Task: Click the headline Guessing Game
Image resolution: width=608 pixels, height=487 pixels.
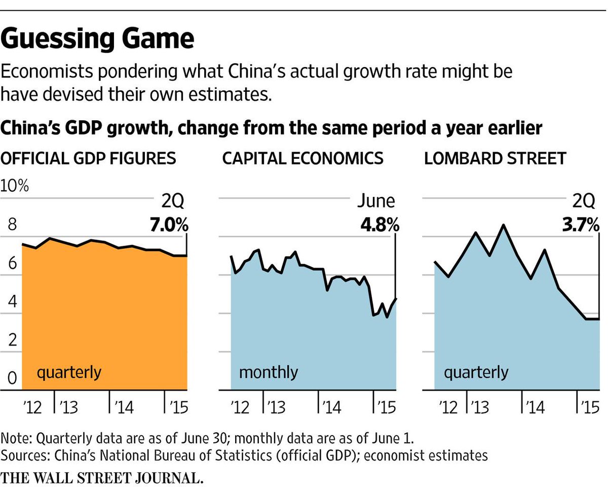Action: coord(97,40)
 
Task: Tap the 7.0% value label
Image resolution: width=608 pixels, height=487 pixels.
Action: coord(168,224)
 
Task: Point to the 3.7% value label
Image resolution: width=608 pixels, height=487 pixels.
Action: coord(580,224)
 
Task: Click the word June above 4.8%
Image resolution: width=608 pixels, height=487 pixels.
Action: coord(375,201)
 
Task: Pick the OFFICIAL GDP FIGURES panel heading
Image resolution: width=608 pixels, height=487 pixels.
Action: coord(88,158)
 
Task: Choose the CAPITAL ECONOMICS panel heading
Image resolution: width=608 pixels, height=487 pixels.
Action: coord(302,158)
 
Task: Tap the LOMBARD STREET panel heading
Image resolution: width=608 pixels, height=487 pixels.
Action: coord(495,158)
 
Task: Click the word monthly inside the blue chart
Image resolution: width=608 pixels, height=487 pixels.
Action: coord(268,373)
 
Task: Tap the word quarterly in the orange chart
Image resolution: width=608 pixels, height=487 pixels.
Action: coord(69,373)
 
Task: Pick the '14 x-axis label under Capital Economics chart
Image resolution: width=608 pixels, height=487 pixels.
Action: coord(329,407)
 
